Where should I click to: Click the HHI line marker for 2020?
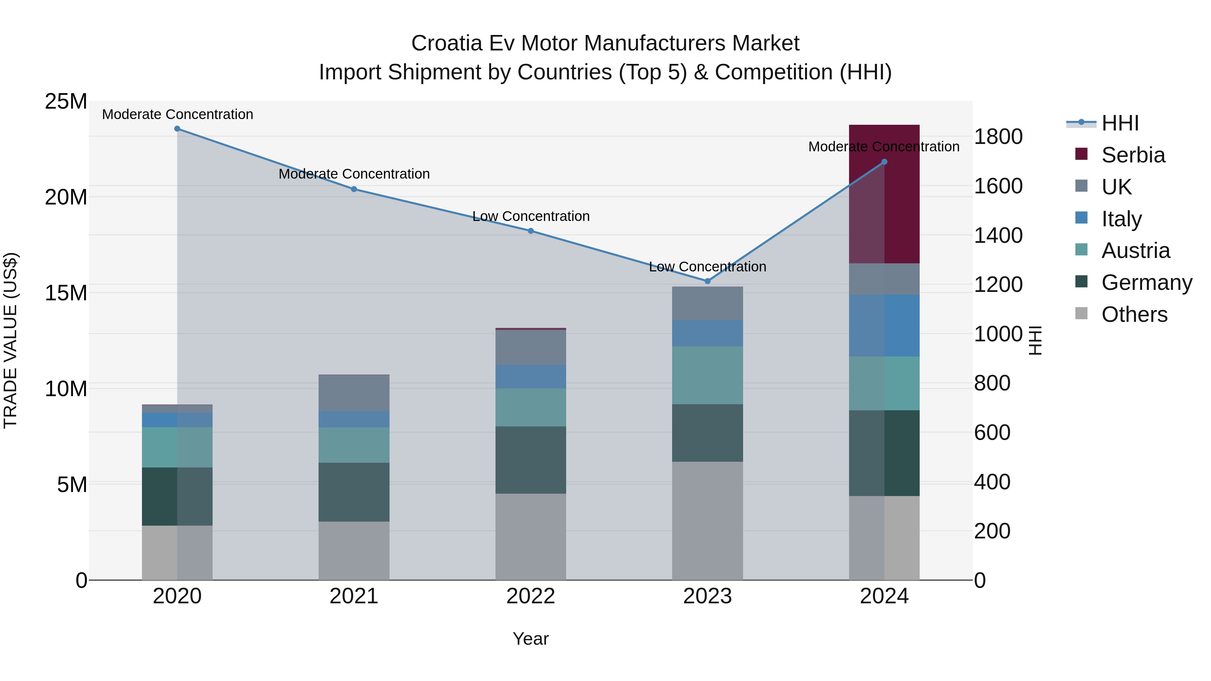[x=177, y=129]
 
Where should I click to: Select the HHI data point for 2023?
[x=707, y=281]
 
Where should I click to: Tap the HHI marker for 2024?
[x=884, y=162]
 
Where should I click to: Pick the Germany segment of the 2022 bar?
[x=531, y=460]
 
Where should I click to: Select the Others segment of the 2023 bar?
[x=707, y=521]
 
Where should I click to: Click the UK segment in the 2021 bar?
[x=354, y=393]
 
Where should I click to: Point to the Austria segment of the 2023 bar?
[x=707, y=375]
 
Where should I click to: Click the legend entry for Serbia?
[x=1133, y=155]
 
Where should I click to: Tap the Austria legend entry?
[x=1135, y=251]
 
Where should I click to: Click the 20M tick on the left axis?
[x=66, y=197]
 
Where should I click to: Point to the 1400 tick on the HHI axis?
[x=998, y=235]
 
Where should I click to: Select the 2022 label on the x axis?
[x=531, y=596]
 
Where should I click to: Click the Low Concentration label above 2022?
[x=531, y=216]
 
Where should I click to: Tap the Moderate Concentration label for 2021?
[x=354, y=174]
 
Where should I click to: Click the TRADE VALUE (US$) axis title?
[x=10, y=340]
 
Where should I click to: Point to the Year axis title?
[x=531, y=639]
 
